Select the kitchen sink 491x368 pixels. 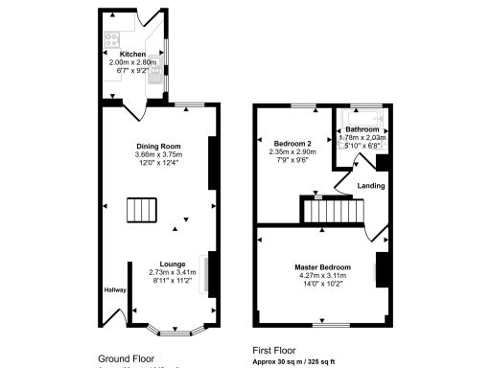(x=154, y=80)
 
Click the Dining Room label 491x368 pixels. (x=158, y=146)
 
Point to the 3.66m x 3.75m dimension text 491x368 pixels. (x=158, y=154)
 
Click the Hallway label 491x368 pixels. (x=115, y=288)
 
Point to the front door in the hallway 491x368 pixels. (x=115, y=321)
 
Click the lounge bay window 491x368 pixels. (x=173, y=331)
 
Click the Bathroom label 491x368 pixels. (x=362, y=128)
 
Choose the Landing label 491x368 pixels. (x=371, y=185)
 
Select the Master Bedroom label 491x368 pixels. (x=321, y=266)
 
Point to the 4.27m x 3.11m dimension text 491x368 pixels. (x=321, y=275)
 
